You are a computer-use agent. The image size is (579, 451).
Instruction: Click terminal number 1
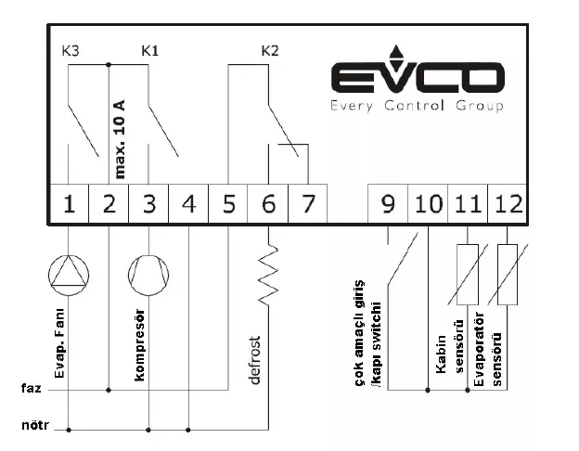click(x=69, y=204)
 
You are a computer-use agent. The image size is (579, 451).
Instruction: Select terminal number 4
click(x=188, y=204)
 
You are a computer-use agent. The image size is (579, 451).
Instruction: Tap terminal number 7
click(x=308, y=204)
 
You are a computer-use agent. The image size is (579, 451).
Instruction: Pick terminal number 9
click(x=388, y=204)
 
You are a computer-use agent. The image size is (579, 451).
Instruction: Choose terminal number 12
click(x=508, y=204)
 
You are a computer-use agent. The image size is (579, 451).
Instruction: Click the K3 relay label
click(x=71, y=51)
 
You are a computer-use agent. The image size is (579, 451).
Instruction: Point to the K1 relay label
click(x=150, y=51)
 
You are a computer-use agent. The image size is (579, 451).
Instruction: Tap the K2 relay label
click(x=270, y=51)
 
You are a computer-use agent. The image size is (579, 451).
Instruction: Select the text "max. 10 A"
click(x=120, y=139)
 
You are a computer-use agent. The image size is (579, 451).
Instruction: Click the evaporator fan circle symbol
click(x=69, y=276)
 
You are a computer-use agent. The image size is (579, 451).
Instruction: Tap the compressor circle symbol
click(x=148, y=276)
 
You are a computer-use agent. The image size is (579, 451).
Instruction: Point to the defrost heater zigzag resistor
click(x=268, y=275)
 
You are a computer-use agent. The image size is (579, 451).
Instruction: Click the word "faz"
click(x=32, y=388)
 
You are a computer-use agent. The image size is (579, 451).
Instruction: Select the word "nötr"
click(x=35, y=425)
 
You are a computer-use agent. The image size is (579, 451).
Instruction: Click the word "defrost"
click(x=255, y=360)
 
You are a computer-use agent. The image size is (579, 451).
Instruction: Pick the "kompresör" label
click(x=139, y=345)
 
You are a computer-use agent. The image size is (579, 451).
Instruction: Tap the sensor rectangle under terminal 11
click(x=468, y=275)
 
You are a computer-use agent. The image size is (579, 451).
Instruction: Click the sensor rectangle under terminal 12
click(x=508, y=275)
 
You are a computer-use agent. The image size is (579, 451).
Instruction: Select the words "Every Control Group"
click(x=417, y=106)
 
